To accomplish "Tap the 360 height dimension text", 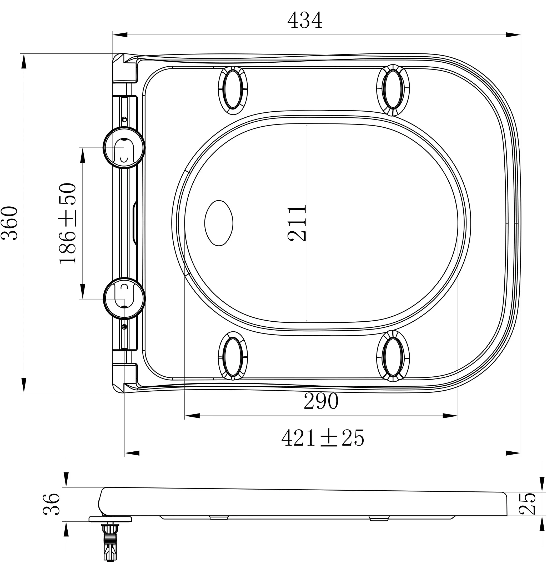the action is [10, 223].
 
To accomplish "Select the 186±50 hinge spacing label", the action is [68, 223].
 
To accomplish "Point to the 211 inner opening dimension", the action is [297, 223].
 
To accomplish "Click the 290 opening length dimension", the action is [321, 401].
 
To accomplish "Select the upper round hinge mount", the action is [124, 148].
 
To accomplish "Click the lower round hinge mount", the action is [124, 298].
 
